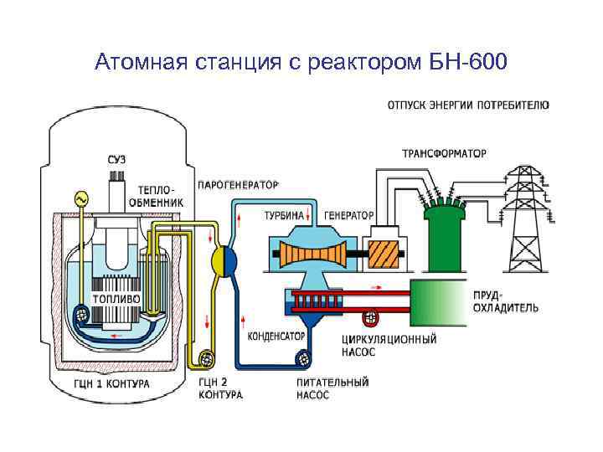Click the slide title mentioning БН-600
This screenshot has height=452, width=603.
pyautogui.click(x=301, y=62)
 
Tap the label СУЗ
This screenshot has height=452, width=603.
pyautogui.click(x=117, y=159)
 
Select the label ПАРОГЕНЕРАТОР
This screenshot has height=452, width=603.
pyautogui.click(x=238, y=184)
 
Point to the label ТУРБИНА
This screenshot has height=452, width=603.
pyautogui.click(x=284, y=215)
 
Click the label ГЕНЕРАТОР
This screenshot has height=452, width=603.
pyautogui.click(x=348, y=215)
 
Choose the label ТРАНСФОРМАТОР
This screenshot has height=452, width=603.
pyautogui.click(x=444, y=154)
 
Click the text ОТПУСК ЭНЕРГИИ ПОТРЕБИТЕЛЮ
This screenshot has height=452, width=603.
pyautogui.click(x=468, y=105)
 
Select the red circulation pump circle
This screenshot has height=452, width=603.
pyautogui.click(x=371, y=317)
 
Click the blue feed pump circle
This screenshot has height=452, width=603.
pyautogui.click(x=301, y=360)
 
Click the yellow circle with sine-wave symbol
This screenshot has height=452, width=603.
pyautogui.click(x=82, y=199)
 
